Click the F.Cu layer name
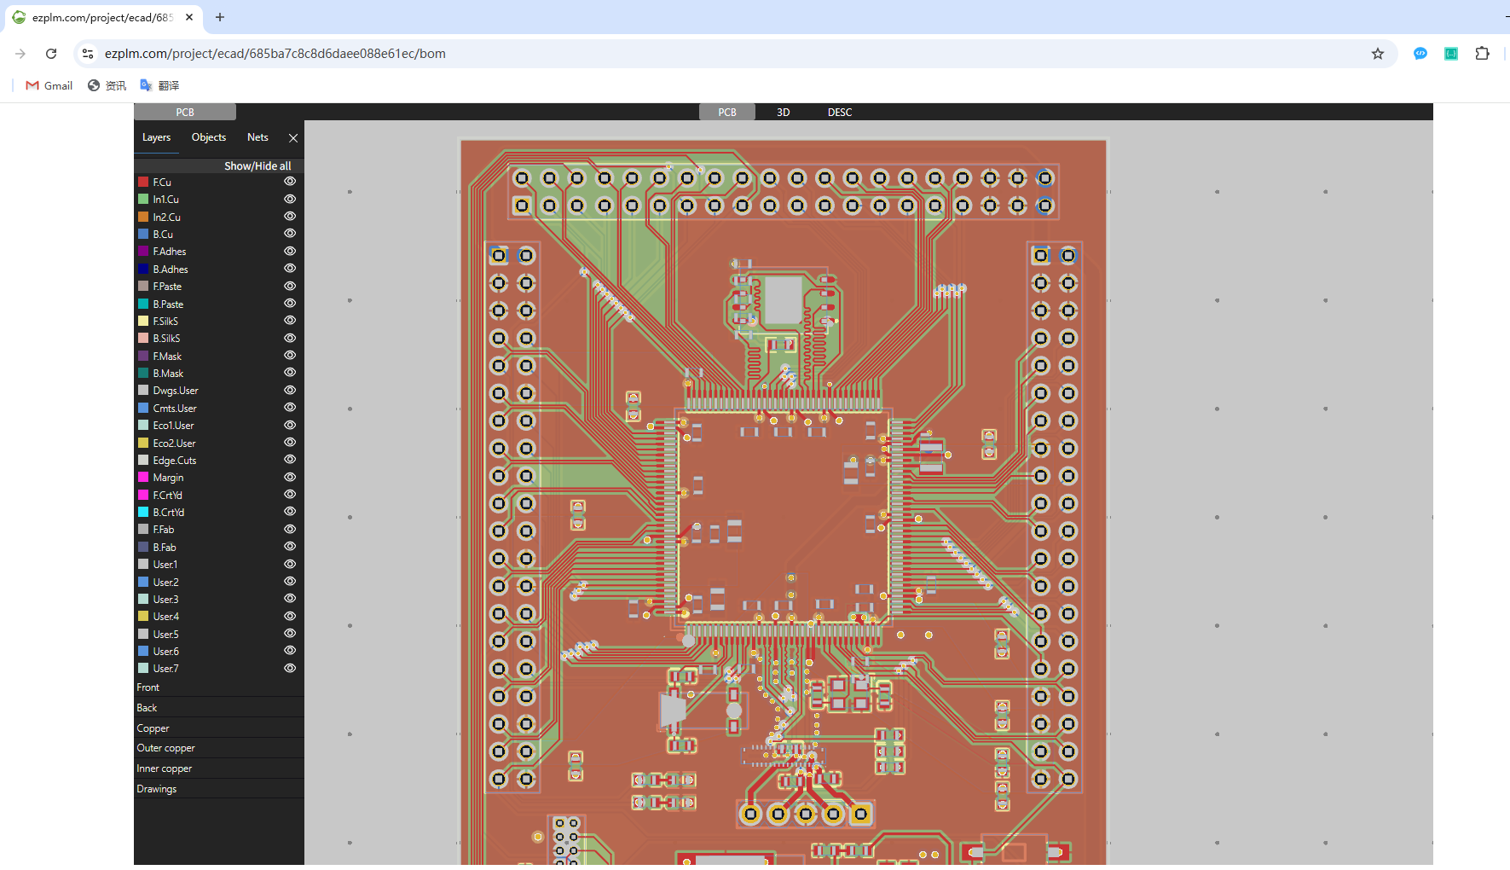(x=162, y=183)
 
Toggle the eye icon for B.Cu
(x=290, y=234)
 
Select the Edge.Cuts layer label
(x=175, y=461)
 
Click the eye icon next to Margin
(x=290, y=478)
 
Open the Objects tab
(x=209, y=137)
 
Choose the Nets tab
(x=257, y=137)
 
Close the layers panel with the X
(x=293, y=137)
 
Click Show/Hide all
(x=257, y=166)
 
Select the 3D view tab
(x=784, y=113)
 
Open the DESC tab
(x=840, y=113)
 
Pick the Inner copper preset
(x=165, y=768)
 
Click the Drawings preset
(x=157, y=789)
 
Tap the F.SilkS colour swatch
(x=143, y=322)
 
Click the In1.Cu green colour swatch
(x=143, y=200)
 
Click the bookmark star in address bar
(x=1378, y=54)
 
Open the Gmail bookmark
(x=49, y=85)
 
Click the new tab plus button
(x=220, y=17)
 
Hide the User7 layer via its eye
(x=290, y=669)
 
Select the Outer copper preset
(x=166, y=748)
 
